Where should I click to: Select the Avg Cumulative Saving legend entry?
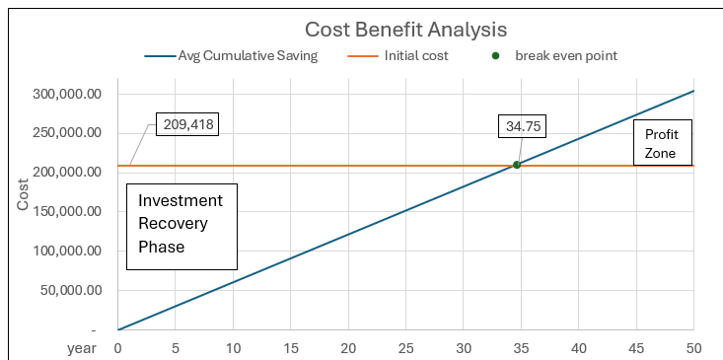(x=247, y=56)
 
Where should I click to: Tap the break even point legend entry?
(x=565, y=56)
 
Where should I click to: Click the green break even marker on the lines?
(x=517, y=165)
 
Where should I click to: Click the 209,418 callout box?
(x=183, y=125)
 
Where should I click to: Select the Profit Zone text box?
(x=662, y=142)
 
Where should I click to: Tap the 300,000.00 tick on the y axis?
(x=68, y=94)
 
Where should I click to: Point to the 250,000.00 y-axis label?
(x=68, y=133)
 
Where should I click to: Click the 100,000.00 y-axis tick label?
(x=68, y=251)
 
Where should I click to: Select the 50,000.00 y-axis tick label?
(x=72, y=290)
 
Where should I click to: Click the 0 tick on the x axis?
(x=117, y=348)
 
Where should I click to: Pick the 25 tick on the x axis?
(x=405, y=348)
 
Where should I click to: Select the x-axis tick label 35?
(x=521, y=348)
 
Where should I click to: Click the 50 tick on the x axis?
(x=693, y=348)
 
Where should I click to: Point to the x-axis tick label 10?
(x=233, y=348)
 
